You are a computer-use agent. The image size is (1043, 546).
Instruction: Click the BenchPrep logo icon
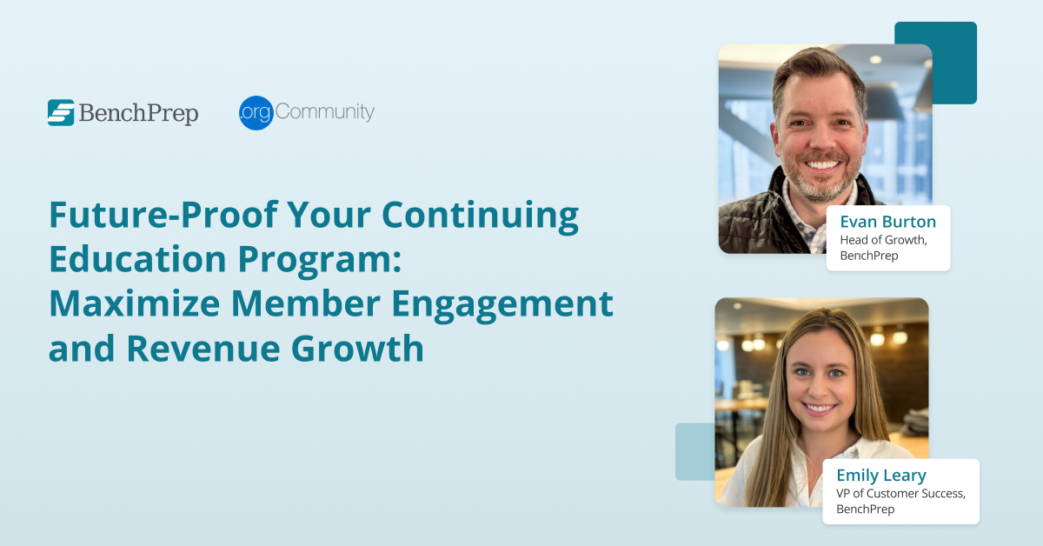(61, 112)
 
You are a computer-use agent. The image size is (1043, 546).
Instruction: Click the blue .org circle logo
(256, 113)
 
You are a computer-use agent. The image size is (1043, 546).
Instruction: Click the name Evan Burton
(887, 222)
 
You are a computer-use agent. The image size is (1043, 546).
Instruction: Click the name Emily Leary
(881, 476)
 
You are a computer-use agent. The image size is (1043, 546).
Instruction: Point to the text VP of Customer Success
(900, 494)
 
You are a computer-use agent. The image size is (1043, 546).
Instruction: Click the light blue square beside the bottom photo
(694, 452)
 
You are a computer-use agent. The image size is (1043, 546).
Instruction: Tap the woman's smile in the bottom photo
(820, 407)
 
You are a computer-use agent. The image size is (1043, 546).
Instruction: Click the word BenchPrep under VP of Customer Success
(865, 509)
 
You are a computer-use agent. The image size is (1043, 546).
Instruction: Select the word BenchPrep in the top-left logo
(139, 114)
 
